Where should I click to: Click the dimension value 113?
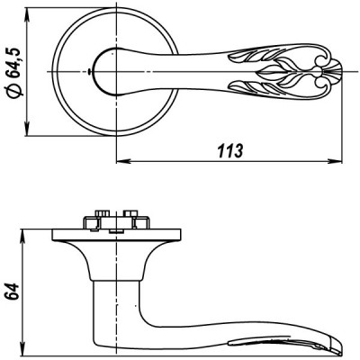pyautogui.click(x=231, y=151)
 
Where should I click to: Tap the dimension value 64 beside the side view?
pyautogui.click(x=13, y=292)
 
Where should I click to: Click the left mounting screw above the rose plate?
pyautogui.click(x=93, y=219)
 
